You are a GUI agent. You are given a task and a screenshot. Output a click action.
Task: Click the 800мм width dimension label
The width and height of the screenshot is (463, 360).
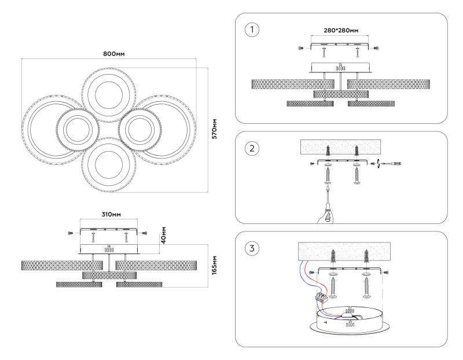(114, 53)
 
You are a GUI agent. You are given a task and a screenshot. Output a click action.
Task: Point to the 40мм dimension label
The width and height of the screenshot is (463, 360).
(164, 234)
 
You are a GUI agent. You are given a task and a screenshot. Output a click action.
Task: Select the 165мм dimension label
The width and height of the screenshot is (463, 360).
(214, 265)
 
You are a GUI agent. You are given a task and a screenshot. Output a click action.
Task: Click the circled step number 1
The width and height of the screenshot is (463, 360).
(252, 29)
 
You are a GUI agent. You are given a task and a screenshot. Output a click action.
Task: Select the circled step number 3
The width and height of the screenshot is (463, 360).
(252, 249)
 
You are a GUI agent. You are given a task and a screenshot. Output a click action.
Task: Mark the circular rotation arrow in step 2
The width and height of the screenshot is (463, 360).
(378, 164)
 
